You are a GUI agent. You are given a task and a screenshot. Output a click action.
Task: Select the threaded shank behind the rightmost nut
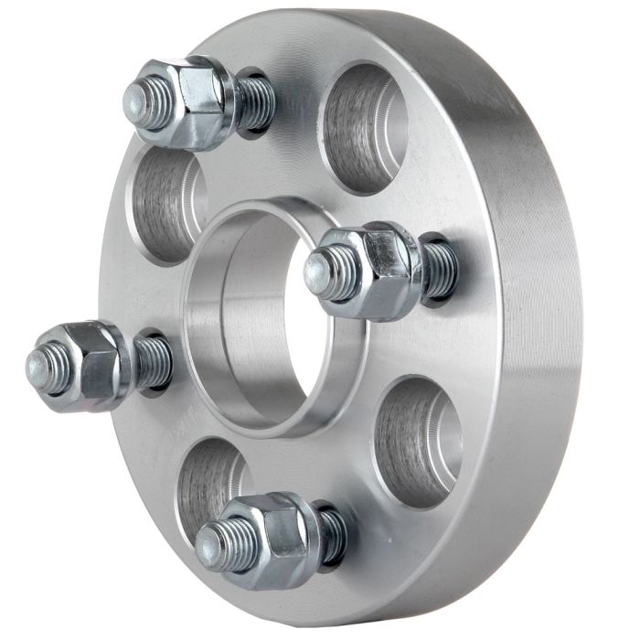[x=439, y=270]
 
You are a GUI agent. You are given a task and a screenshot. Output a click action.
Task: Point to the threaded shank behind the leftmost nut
[x=153, y=361]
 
